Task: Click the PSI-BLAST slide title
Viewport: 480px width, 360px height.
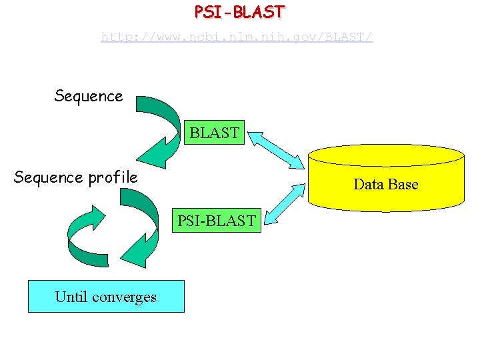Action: coord(239,12)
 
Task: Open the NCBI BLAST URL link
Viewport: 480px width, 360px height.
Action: coord(237,37)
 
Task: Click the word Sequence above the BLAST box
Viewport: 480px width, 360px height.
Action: coord(89,96)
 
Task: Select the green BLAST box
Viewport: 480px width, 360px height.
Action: coord(214,133)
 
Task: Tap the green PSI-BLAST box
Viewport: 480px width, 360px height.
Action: coord(215,221)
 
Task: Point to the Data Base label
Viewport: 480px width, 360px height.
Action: coord(385,184)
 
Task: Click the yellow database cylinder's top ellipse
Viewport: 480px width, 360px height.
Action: coord(385,155)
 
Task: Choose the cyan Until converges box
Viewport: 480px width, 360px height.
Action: coord(105,297)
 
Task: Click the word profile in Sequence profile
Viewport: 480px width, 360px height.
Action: coord(113,177)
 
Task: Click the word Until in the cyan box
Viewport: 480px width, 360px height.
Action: coord(71,297)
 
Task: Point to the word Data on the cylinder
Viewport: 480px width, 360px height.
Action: coord(367,184)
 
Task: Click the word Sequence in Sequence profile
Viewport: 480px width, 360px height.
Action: coord(49,177)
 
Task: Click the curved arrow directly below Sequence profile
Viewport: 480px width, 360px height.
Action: coord(141,227)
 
